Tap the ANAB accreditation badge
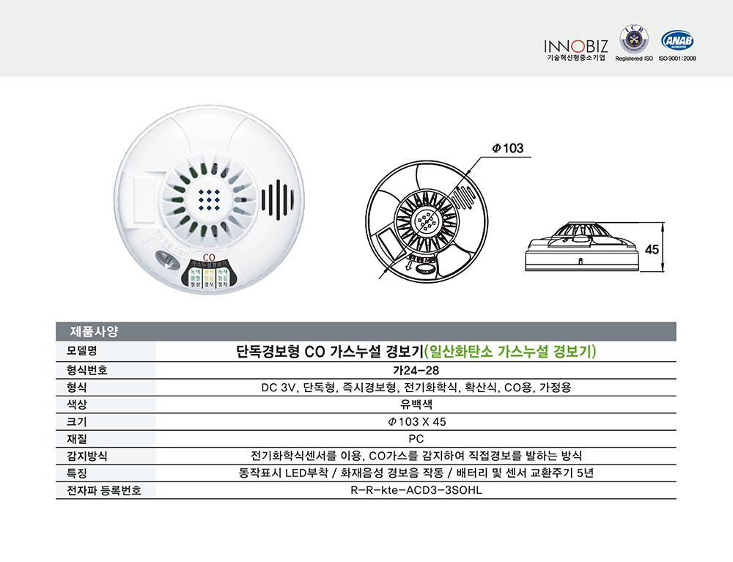tap(677, 40)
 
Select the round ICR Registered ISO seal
tap(634, 39)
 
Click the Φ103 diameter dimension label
tap(508, 148)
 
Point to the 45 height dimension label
tap(652, 249)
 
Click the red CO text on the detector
tap(207, 257)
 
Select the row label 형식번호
tap(87, 370)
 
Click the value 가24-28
tap(416, 370)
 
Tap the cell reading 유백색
tap(416, 404)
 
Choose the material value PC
tap(416, 439)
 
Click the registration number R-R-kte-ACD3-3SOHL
tap(416, 490)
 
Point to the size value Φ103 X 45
tap(416, 422)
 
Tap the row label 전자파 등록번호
tap(98, 490)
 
